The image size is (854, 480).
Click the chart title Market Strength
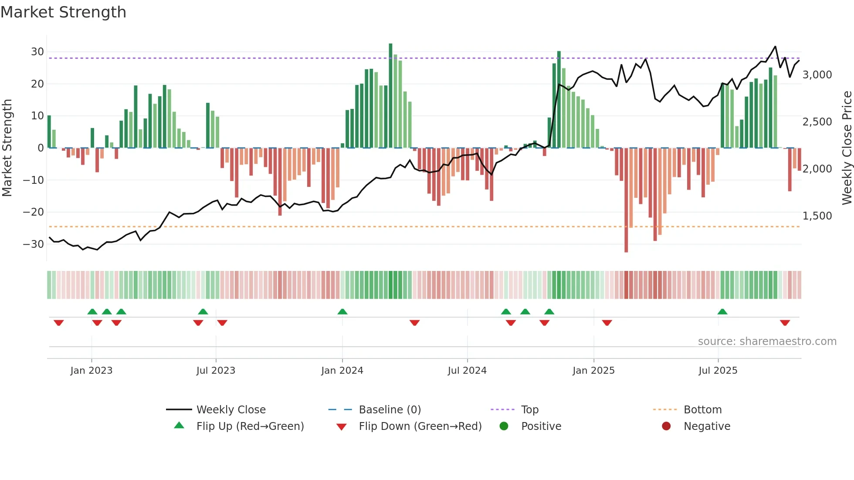click(x=63, y=12)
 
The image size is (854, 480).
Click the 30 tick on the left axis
click(x=37, y=52)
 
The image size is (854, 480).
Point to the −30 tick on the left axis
click(x=34, y=244)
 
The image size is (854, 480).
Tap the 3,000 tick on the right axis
click(x=817, y=75)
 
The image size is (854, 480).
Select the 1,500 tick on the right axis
click(x=817, y=216)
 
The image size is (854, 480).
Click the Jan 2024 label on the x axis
click(x=342, y=371)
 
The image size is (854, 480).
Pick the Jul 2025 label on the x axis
click(x=718, y=371)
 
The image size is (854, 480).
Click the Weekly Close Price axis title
click(x=847, y=148)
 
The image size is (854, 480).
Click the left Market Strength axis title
click(x=7, y=148)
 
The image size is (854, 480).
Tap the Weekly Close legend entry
click(x=230, y=410)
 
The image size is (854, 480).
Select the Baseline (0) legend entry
click(x=390, y=410)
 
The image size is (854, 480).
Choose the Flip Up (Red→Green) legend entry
click(x=250, y=426)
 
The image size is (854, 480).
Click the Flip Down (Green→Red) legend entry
click(x=420, y=426)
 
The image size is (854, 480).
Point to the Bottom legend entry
click(x=702, y=410)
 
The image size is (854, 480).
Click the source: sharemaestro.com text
click(x=767, y=341)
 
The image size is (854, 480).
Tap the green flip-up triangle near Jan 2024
click(x=342, y=311)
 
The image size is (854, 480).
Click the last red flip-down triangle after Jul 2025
click(x=785, y=323)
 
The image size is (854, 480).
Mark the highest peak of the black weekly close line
click(x=775, y=47)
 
